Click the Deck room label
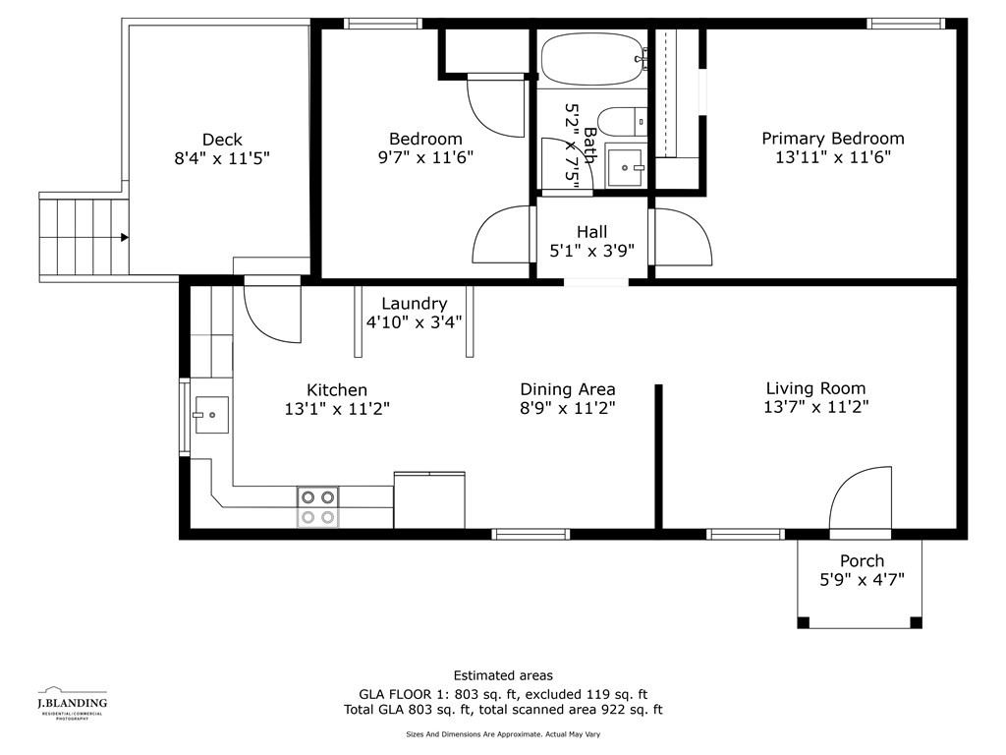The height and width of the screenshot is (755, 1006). click(222, 140)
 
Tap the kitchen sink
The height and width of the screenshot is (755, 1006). click(210, 415)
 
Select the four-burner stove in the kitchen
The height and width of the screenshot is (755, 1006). click(317, 506)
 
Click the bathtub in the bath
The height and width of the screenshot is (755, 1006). click(591, 58)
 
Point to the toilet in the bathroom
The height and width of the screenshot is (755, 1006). click(622, 122)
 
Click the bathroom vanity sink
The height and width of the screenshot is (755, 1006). click(624, 167)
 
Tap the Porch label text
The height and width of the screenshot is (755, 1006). click(862, 560)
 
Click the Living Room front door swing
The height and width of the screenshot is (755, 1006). click(859, 501)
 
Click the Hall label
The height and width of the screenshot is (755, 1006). click(591, 232)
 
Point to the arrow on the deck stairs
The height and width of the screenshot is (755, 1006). click(124, 237)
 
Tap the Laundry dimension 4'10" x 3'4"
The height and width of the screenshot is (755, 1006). click(414, 321)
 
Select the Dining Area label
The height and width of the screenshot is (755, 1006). click(567, 389)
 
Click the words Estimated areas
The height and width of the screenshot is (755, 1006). click(503, 675)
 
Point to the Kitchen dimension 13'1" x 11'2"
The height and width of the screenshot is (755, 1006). click(337, 409)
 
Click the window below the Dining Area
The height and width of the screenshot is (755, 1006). click(531, 534)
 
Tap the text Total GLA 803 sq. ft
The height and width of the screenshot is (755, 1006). click(412, 709)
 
